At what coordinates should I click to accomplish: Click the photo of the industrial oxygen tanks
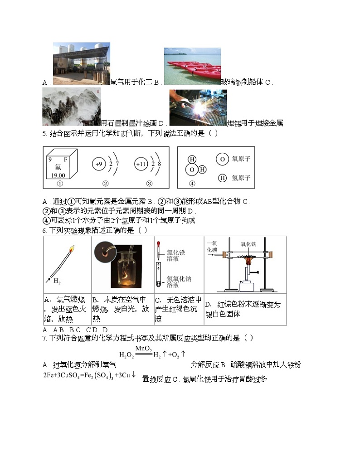(x=81, y=63)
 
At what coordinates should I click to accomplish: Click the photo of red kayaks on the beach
(x=192, y=66)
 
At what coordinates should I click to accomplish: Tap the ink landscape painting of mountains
(x=71, y=107)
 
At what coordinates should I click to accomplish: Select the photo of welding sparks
(x=198, y=107)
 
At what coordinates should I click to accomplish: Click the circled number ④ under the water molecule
(x=192, y=184)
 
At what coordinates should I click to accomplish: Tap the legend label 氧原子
(x=241, y=159)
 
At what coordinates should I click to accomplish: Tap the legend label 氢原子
(x=241, y=178)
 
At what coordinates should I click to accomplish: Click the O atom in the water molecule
(x=192, y=169)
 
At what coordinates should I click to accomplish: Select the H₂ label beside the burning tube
(x=57, y=281)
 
